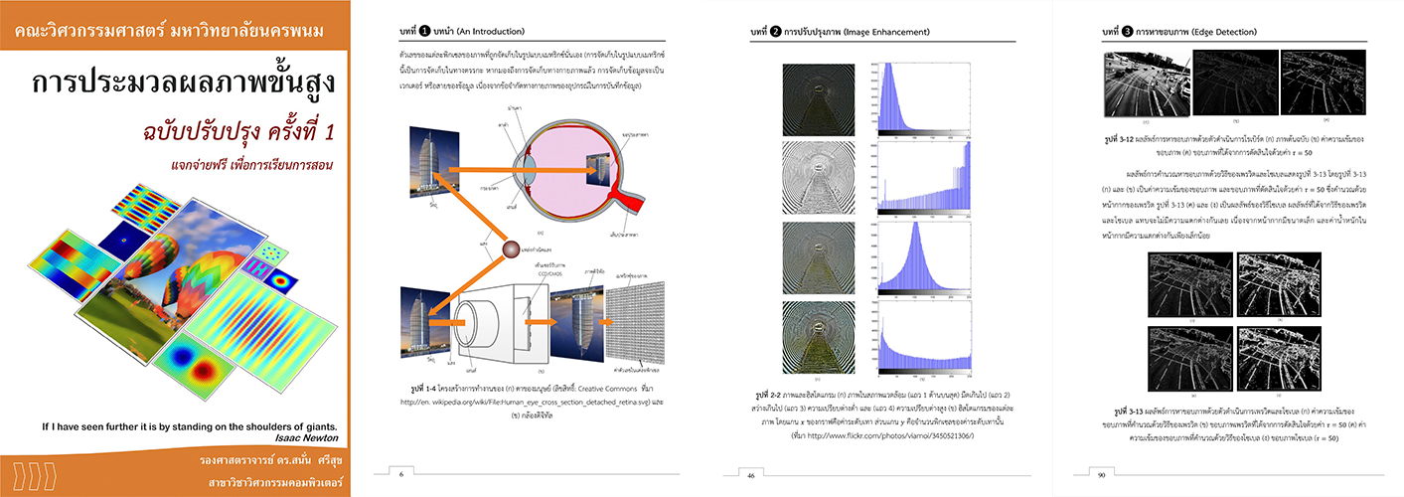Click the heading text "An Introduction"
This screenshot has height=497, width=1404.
pos(485,32)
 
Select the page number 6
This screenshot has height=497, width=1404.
pos(400,473)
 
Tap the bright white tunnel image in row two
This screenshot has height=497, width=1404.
pos(810,185)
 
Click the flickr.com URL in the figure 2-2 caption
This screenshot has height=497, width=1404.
pos(885,435)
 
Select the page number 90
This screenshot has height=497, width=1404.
pos(1101,474)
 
